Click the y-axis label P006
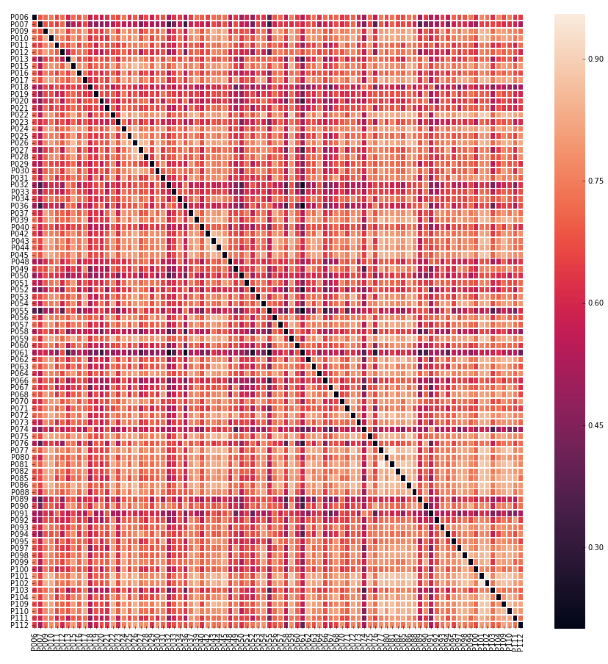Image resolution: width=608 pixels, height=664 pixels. (20, 18)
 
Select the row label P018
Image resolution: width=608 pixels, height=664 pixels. (20, 87)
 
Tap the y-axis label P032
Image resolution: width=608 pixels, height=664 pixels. (20, 185)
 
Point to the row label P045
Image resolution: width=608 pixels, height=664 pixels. (20, 255)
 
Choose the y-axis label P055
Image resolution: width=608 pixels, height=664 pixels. (20, 311)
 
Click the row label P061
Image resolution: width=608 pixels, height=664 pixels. (20, 353)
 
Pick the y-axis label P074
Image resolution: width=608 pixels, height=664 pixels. (20, 430)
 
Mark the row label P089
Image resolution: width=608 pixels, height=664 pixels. (20, 499)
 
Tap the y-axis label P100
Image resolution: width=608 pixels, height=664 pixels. (20, 569)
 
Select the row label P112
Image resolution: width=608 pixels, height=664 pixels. (20, 625)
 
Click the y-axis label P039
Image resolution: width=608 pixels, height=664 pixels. (20, 220)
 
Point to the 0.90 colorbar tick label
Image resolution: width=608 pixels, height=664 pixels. (596, 59)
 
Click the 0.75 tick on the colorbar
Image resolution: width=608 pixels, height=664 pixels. (596, 181)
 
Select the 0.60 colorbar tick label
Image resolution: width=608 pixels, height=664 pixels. (596, 303)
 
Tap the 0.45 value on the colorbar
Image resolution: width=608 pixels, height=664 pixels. (596, 425)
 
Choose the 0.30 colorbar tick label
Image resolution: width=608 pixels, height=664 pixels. (596, 547)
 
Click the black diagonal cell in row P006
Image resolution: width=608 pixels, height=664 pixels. (35, 18)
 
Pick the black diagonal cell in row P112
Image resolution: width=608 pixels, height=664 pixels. (521, 625)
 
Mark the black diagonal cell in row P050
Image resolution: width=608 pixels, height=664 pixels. (242, 275)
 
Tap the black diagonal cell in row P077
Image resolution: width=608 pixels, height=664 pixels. (381, 450)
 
